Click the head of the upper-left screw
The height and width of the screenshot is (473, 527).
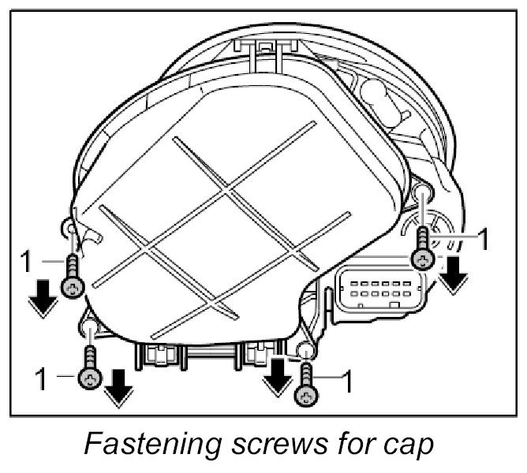click(73, 288)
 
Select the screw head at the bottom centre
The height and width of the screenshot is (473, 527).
click(306, 396)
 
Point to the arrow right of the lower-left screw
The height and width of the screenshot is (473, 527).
click(119, 389)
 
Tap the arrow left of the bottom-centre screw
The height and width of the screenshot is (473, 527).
click(275, 377)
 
